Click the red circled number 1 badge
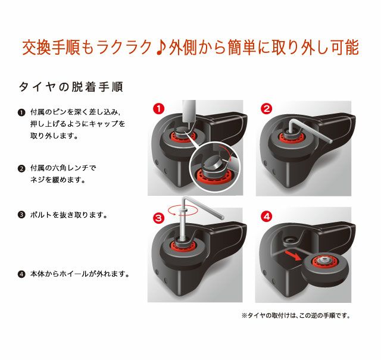coord(159,109)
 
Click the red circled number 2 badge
coord(267,109)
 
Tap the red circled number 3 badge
coord(159,218)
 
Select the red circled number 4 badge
coord(267,216)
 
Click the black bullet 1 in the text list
coord(21,112)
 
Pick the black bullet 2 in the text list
coord(21,168)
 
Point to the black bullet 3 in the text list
coord(21,215)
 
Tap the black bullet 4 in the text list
coord(21,274)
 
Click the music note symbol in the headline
coord(160,48)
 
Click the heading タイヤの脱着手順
coord(71,87)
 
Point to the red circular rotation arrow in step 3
coord(183,210)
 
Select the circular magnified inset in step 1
coord(215,167)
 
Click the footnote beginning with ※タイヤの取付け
coord(296,316)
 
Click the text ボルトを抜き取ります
coord(69,215)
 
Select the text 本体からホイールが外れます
coord(80,274)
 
